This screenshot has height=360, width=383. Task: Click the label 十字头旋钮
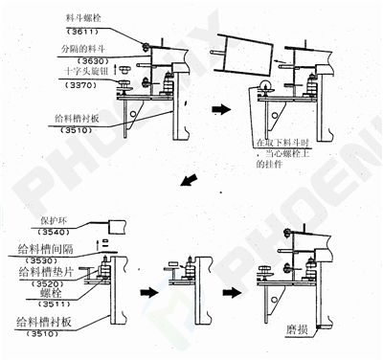(81, 72)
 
